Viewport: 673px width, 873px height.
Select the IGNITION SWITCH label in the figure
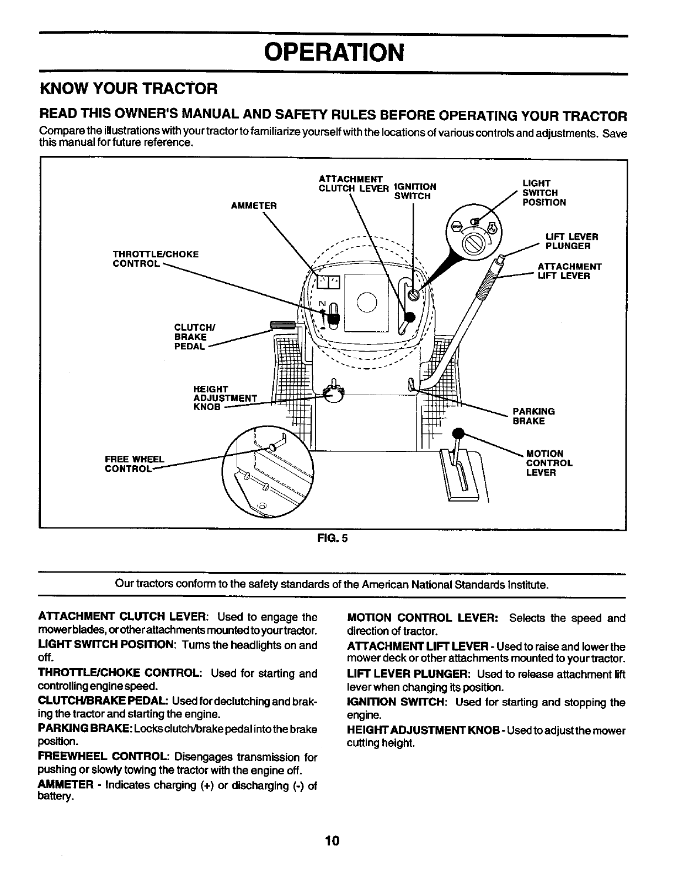click(415, 191)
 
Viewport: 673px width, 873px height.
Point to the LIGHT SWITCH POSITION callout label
click(544, 193)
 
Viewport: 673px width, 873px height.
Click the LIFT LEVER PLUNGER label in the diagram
click(571, 241)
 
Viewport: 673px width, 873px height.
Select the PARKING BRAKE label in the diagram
click(533, 416)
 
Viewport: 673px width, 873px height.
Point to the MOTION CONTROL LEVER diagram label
click(549, 463)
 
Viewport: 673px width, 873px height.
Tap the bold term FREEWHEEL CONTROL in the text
click(104, 757)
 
